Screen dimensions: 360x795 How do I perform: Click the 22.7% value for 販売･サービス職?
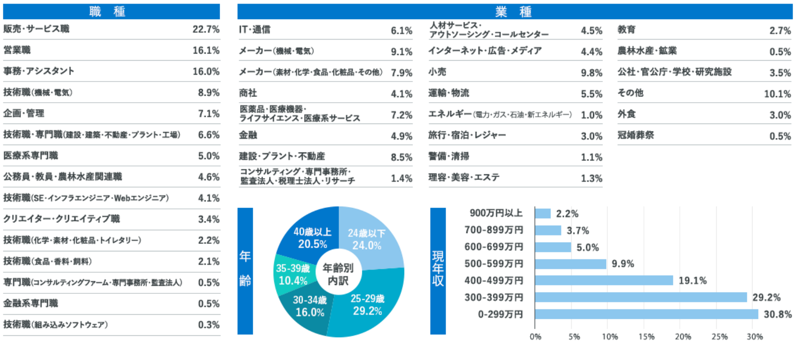click(x=206, y=29)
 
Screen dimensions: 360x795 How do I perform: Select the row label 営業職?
click(x=17, y=50)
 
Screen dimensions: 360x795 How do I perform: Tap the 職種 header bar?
click(x=111, y=11)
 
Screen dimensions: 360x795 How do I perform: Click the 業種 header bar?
click(x=514, y=11)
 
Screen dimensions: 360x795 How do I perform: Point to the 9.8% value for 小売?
click(x=591, y=73)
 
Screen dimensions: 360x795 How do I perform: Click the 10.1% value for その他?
click(x=777, y=94)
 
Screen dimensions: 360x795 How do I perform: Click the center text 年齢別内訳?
click(x=338, y=274)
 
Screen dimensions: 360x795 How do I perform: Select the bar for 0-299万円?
click(x=646, y=314)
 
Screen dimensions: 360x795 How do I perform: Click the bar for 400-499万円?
click(x=604, y=280)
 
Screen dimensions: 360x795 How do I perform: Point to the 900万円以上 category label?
click(x=496, y=213)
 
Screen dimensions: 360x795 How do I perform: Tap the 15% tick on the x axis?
click(x=646, y=337)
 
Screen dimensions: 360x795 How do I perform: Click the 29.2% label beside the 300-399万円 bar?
click(x=766, y=298)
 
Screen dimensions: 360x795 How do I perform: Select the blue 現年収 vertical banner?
click(x=438, y=270)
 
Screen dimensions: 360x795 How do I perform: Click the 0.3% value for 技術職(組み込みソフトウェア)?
click(x=208, y=325)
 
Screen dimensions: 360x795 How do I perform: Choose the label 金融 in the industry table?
click(x=248, y=135)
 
